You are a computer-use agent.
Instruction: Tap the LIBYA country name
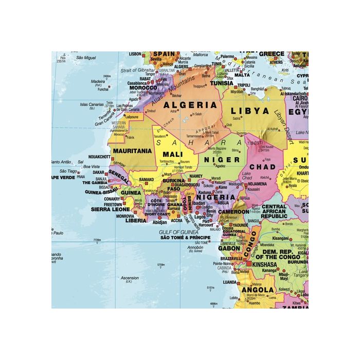click(250, 111)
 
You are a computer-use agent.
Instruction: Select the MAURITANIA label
click(132, 151)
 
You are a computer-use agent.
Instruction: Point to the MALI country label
click(173, 154)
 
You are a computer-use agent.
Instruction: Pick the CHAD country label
click(263, 167)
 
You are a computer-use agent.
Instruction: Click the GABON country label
click(229, 248)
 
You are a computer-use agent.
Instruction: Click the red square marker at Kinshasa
click(250, 264)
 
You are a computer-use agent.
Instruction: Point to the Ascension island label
click(129, 278)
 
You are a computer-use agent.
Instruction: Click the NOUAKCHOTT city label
click(99, 156)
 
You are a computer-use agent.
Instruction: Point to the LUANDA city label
click(229, 282)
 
